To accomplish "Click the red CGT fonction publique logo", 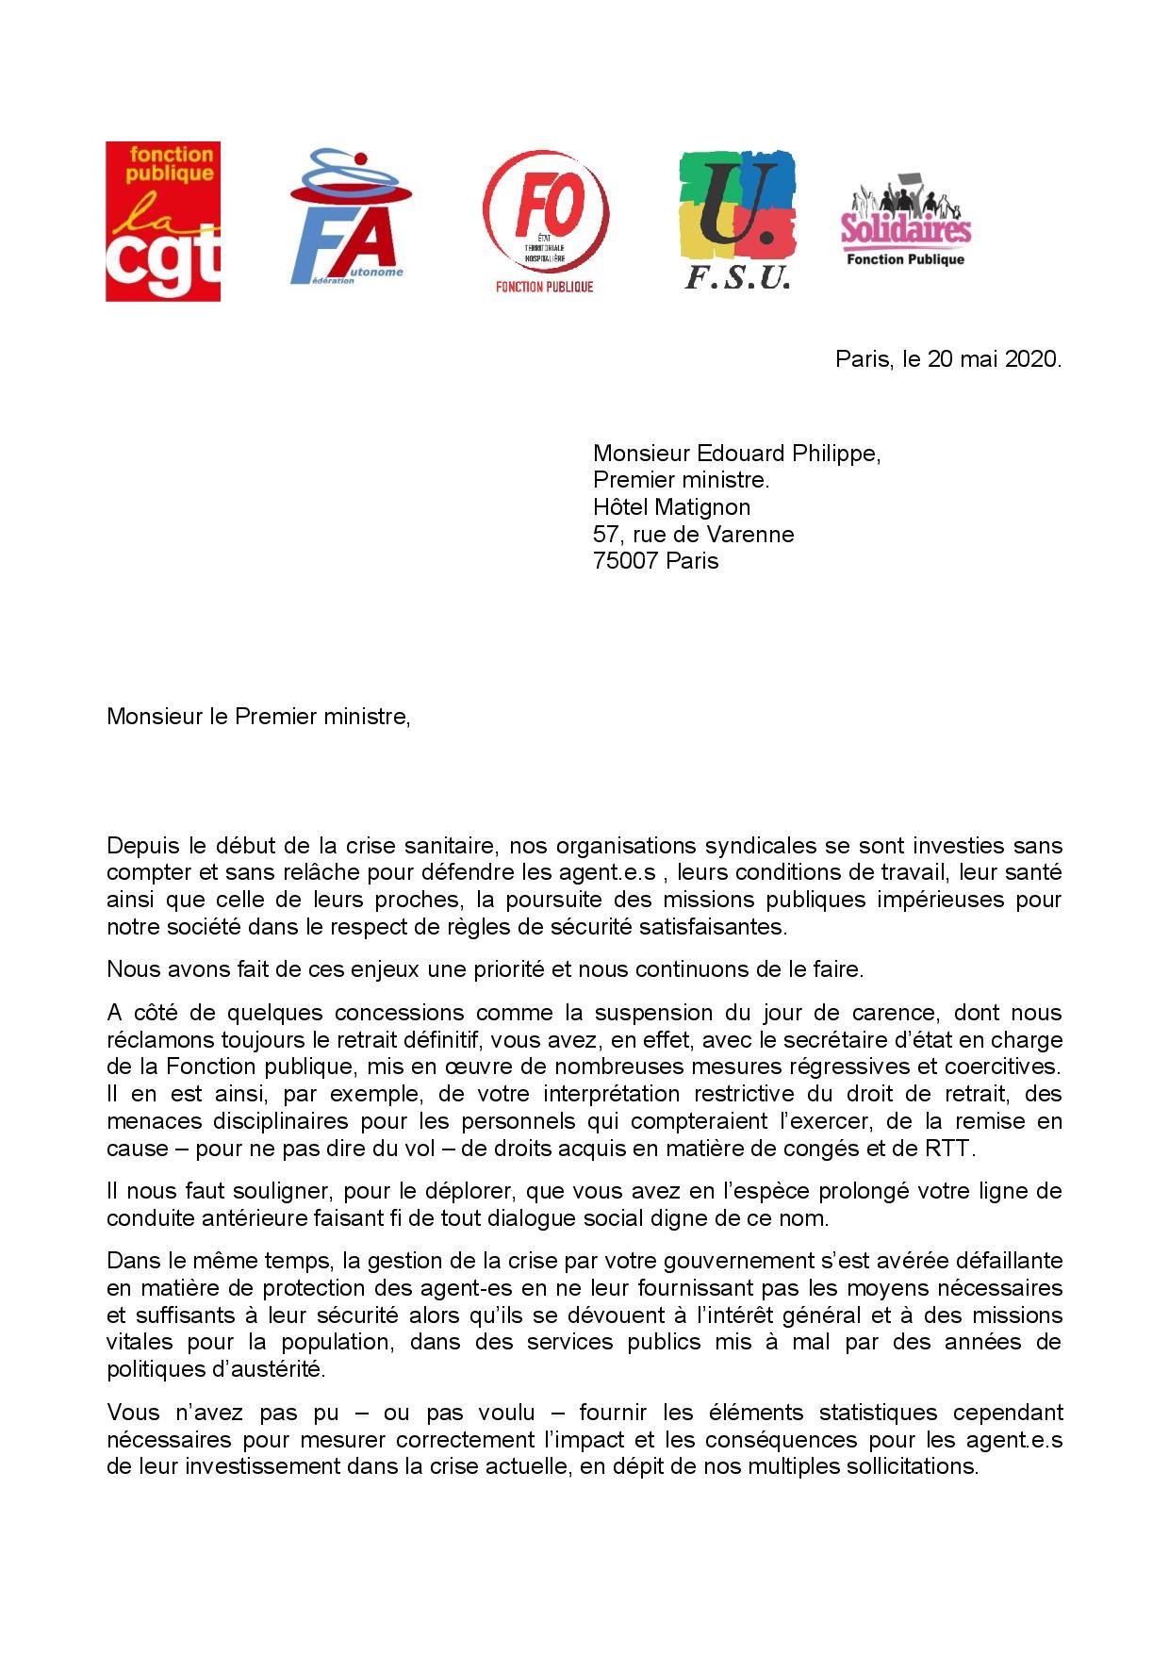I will pyautogui.click(x=163, y=222).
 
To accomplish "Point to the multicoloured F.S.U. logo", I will pyautogui.click(x=737, y=220).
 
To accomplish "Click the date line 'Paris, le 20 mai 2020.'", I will pyautogui.click(x=947, y=359).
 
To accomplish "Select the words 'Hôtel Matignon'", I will pyautogui.click(x=671, y=507).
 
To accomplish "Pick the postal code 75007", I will pyautogui.click(x=625, y=561).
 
